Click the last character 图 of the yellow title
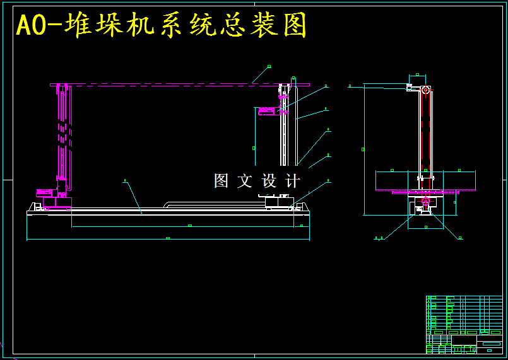294,26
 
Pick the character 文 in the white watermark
245,181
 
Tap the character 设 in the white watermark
269,181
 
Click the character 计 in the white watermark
293,181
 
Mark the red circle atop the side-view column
426,90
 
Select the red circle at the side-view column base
426,202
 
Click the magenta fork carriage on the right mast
268,111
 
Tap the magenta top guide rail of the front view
180,84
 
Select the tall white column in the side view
426,132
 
